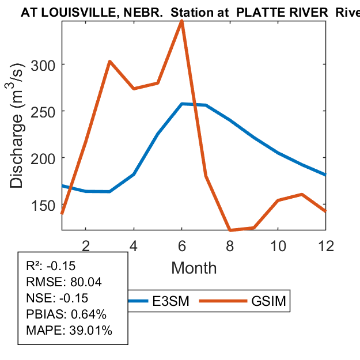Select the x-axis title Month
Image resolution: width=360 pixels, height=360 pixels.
coord(194,268)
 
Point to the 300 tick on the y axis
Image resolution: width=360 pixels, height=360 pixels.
coord(44,64)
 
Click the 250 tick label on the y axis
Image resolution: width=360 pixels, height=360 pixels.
coord(44,111)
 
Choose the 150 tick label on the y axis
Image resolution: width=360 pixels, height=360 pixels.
coord(44,205)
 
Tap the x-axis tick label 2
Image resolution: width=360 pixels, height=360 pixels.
coord(86,245)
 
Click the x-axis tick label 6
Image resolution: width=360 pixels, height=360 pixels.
coord(182,245)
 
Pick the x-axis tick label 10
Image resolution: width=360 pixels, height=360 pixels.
coord(278,245)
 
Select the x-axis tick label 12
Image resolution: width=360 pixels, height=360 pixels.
coord(326,245)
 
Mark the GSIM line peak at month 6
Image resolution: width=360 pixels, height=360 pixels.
coord(182,21)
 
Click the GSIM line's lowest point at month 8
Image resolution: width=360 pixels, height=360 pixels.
coord(230,230)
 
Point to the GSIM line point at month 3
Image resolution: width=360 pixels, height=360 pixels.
coord(109,62)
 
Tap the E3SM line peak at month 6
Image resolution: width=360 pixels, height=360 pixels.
coord(182,104)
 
